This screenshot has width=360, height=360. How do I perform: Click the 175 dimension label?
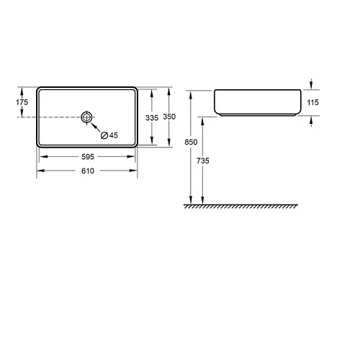click(22, 102)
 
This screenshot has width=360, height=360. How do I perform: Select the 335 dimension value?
click(152, 118)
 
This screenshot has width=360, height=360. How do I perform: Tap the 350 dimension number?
click(169, 117)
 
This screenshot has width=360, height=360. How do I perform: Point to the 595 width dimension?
click(88, 157)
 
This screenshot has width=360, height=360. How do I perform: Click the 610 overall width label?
click(88, 171)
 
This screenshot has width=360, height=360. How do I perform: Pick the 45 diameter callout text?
click(114, 135)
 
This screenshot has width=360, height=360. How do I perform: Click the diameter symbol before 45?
click(104, 135)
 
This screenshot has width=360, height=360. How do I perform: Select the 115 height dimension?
click(313, 102)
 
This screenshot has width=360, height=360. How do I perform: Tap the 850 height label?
click(191, 142)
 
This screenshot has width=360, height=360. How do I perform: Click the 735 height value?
click(203, 161)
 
